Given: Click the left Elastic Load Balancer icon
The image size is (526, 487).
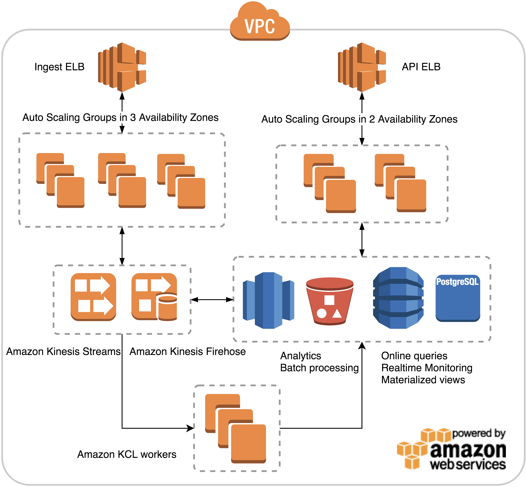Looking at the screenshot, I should click(x=122, y=67).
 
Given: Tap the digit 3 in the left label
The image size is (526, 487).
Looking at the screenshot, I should click(x=133, y=117).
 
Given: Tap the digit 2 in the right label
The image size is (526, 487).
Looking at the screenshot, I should click(x=372, y=119).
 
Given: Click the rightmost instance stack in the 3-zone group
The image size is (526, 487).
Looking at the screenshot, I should click(x=181, y=181).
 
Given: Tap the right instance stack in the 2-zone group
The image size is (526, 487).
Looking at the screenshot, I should click(x=400, y=183).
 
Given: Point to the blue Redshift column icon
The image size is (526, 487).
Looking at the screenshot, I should click(x=268, y=300).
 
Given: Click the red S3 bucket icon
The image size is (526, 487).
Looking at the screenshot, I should click(x=330, y=301).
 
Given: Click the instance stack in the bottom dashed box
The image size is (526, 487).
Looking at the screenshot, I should click(x=235, y=428).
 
